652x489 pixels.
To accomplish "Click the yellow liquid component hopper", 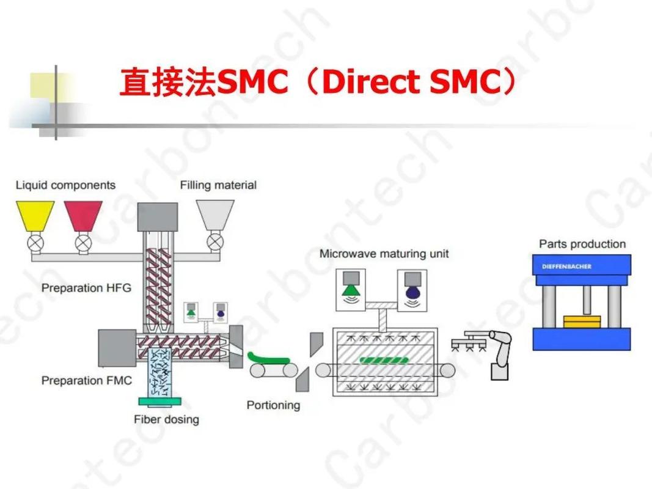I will (35, 215).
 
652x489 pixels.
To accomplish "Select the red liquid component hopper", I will (83, 215).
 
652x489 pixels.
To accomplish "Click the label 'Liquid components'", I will (65, 185).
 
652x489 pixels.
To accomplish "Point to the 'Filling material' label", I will (218, 185).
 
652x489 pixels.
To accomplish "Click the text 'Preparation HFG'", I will (86, 287).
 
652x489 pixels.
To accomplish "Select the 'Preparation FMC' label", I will (86, 380).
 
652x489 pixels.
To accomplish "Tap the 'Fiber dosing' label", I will (166, 419).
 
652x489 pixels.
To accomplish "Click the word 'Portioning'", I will (273, 405).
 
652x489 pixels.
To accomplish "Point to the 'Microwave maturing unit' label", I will (384, 253).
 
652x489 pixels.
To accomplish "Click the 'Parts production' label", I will (582, 244).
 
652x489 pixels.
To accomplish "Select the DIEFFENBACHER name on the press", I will (566, 267).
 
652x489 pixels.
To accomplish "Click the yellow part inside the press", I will (582, 322).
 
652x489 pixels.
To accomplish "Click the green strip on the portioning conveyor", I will (267, 358).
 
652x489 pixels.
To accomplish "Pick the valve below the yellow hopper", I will (35, 243).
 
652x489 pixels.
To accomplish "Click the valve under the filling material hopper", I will (215, 242).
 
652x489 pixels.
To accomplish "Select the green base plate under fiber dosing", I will (159, 402).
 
